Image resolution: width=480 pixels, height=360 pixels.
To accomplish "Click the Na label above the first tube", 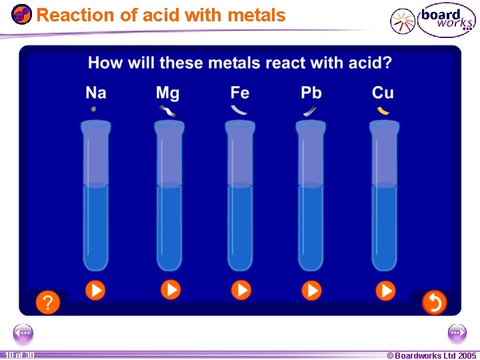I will (96, 92).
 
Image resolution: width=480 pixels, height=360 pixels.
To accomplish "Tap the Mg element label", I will (167, 92).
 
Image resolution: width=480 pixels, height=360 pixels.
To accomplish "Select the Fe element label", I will (240, 92).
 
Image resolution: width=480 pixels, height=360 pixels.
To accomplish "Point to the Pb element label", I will (311, 92).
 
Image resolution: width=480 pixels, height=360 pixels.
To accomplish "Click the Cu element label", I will (383, 92).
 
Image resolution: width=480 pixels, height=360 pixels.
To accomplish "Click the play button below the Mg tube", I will (171, 290).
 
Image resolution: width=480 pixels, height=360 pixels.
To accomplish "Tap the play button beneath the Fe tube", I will (241, 290).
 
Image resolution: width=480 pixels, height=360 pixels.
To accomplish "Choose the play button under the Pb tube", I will (311, 290).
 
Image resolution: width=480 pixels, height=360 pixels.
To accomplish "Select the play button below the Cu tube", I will (385, 290).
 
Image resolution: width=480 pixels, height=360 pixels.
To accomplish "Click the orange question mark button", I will (47, 303).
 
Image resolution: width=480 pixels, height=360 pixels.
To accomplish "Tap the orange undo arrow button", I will (433, 303).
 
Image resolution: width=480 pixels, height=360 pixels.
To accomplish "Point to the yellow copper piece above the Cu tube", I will (383, 111).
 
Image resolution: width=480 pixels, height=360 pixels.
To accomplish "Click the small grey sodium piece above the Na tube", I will (93, 109).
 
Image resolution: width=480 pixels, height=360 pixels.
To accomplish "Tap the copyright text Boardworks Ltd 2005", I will (431, 355).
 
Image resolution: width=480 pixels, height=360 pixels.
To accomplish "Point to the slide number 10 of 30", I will (19, 355).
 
